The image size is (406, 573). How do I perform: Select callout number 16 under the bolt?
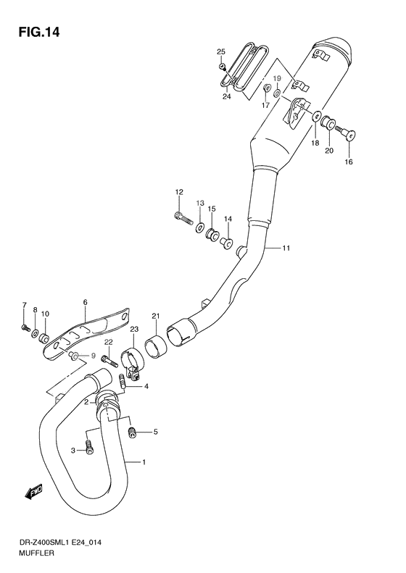coord(349,162)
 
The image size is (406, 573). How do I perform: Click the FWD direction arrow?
coord(33,493)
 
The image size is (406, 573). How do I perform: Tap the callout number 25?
coord(221,51)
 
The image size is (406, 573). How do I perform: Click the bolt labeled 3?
coord(89,448)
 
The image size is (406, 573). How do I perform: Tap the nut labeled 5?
coord(132,432)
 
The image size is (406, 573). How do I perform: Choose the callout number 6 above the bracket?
coord(84,302)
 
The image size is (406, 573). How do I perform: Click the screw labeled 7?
coord(26,327)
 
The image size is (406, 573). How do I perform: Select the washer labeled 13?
coord(199,228)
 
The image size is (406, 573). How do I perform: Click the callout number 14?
coord(228,219)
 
